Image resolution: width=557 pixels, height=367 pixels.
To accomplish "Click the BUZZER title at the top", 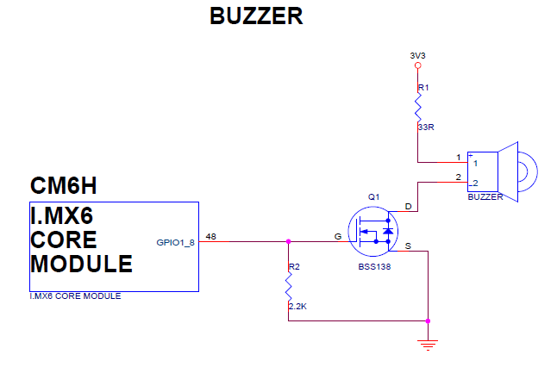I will click(x=256, y=16).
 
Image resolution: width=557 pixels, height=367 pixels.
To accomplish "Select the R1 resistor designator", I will click(x=422, y=88).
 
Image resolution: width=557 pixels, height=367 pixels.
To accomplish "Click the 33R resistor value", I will click(x=424, y=127).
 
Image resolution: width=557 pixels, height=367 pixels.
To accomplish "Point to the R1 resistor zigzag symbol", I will click(x=417, y=107).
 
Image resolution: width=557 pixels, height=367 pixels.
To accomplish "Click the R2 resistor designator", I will click(x=293, y=267).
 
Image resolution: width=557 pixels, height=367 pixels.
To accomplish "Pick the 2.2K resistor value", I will click(x=296, y=306).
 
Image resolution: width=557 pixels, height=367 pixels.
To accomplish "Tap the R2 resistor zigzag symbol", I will click(x=288, y=286).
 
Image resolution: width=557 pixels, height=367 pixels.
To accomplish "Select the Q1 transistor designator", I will click(x=373, y=197).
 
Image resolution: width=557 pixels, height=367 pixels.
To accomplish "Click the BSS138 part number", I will click(x=375, y=268).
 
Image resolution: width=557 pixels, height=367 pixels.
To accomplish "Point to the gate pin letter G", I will click(x=338, y=234).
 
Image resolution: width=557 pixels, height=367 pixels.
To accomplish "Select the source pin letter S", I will click(x=408, y=246).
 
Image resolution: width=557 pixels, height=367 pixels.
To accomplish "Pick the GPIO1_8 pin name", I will click(x=176, y=242).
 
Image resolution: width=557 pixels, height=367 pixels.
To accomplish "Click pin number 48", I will click(x=211, y=236).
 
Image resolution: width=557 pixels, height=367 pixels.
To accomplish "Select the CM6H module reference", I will click(x=62, y=186).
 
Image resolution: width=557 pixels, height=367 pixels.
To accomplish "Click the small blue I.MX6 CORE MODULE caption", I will click(x=75, y=296).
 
